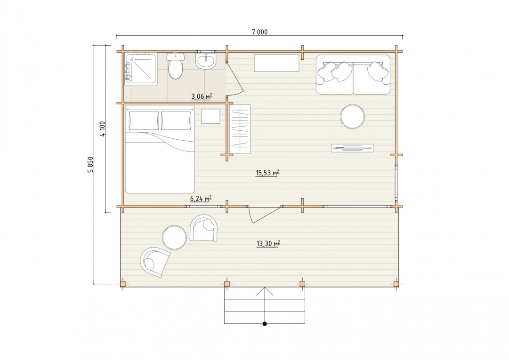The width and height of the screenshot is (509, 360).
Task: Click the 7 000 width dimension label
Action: (x=260, y=32)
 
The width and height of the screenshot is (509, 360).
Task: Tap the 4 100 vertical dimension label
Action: (x=103, y=129)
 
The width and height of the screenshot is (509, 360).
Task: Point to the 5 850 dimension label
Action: (x=91, y=164)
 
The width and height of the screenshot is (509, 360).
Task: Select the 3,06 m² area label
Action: (x=202, y=96)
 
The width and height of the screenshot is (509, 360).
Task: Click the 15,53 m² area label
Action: (x=267, y=173)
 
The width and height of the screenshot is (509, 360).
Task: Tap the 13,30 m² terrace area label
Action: (x=268, y=244)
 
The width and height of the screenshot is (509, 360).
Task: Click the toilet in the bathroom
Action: (x=175, y=66)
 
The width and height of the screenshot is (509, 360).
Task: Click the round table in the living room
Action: (x=352, y=116)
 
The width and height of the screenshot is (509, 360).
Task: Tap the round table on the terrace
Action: (x=174, y=237)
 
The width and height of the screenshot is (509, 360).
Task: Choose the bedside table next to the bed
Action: (x=210, y=116)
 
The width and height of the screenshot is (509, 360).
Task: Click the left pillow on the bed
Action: (x=144, y=120)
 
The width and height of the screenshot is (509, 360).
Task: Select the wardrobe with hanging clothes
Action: (x=240, y=129)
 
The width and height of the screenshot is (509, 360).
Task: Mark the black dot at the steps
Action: (x=265, y=324)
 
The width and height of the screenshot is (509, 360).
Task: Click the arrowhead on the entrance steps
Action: (x=265, y=291)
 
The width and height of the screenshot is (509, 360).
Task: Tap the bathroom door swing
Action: (x=234, y=78)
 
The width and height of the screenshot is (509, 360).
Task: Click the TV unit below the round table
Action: (x=352, y=148)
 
